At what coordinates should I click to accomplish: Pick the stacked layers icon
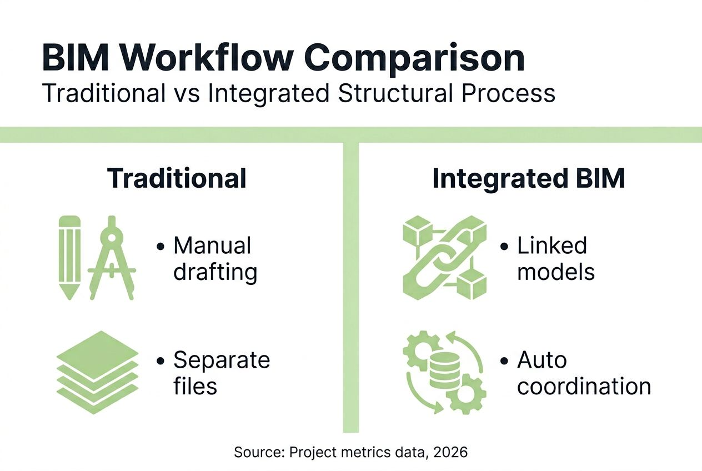[97, 372]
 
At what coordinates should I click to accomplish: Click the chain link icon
[444, 258]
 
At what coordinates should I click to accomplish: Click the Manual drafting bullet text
[214, 259]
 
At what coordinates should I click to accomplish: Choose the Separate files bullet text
[221, 373]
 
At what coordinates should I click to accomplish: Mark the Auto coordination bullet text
[583, 373]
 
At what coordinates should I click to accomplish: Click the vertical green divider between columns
[351, 289]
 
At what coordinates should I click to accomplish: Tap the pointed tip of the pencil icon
[69, 297]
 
